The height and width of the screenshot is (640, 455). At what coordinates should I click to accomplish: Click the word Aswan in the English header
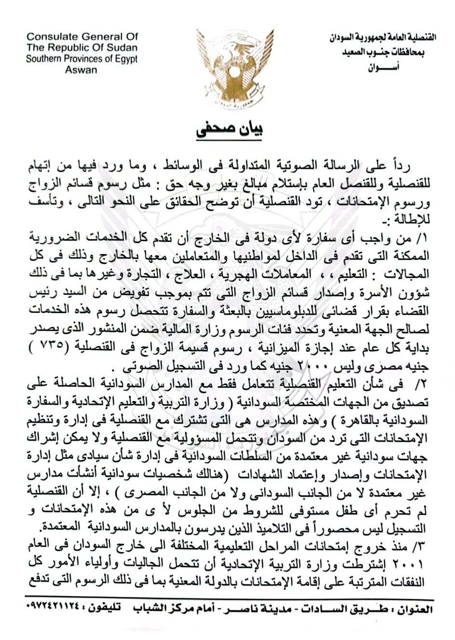point(80,70)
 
